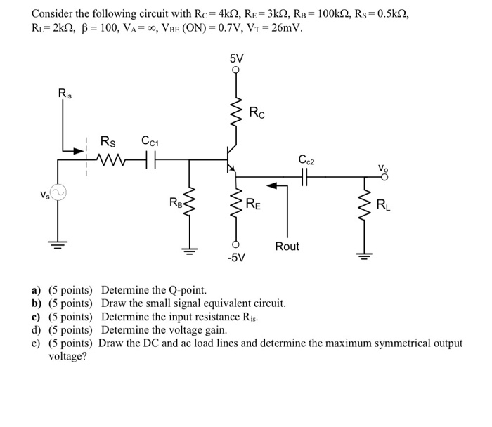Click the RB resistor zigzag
pyautogui.click(x=188, y=204)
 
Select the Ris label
pyautogui.click(x=65, y=93)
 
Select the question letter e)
pyautogui.click(x=35, y=343)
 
